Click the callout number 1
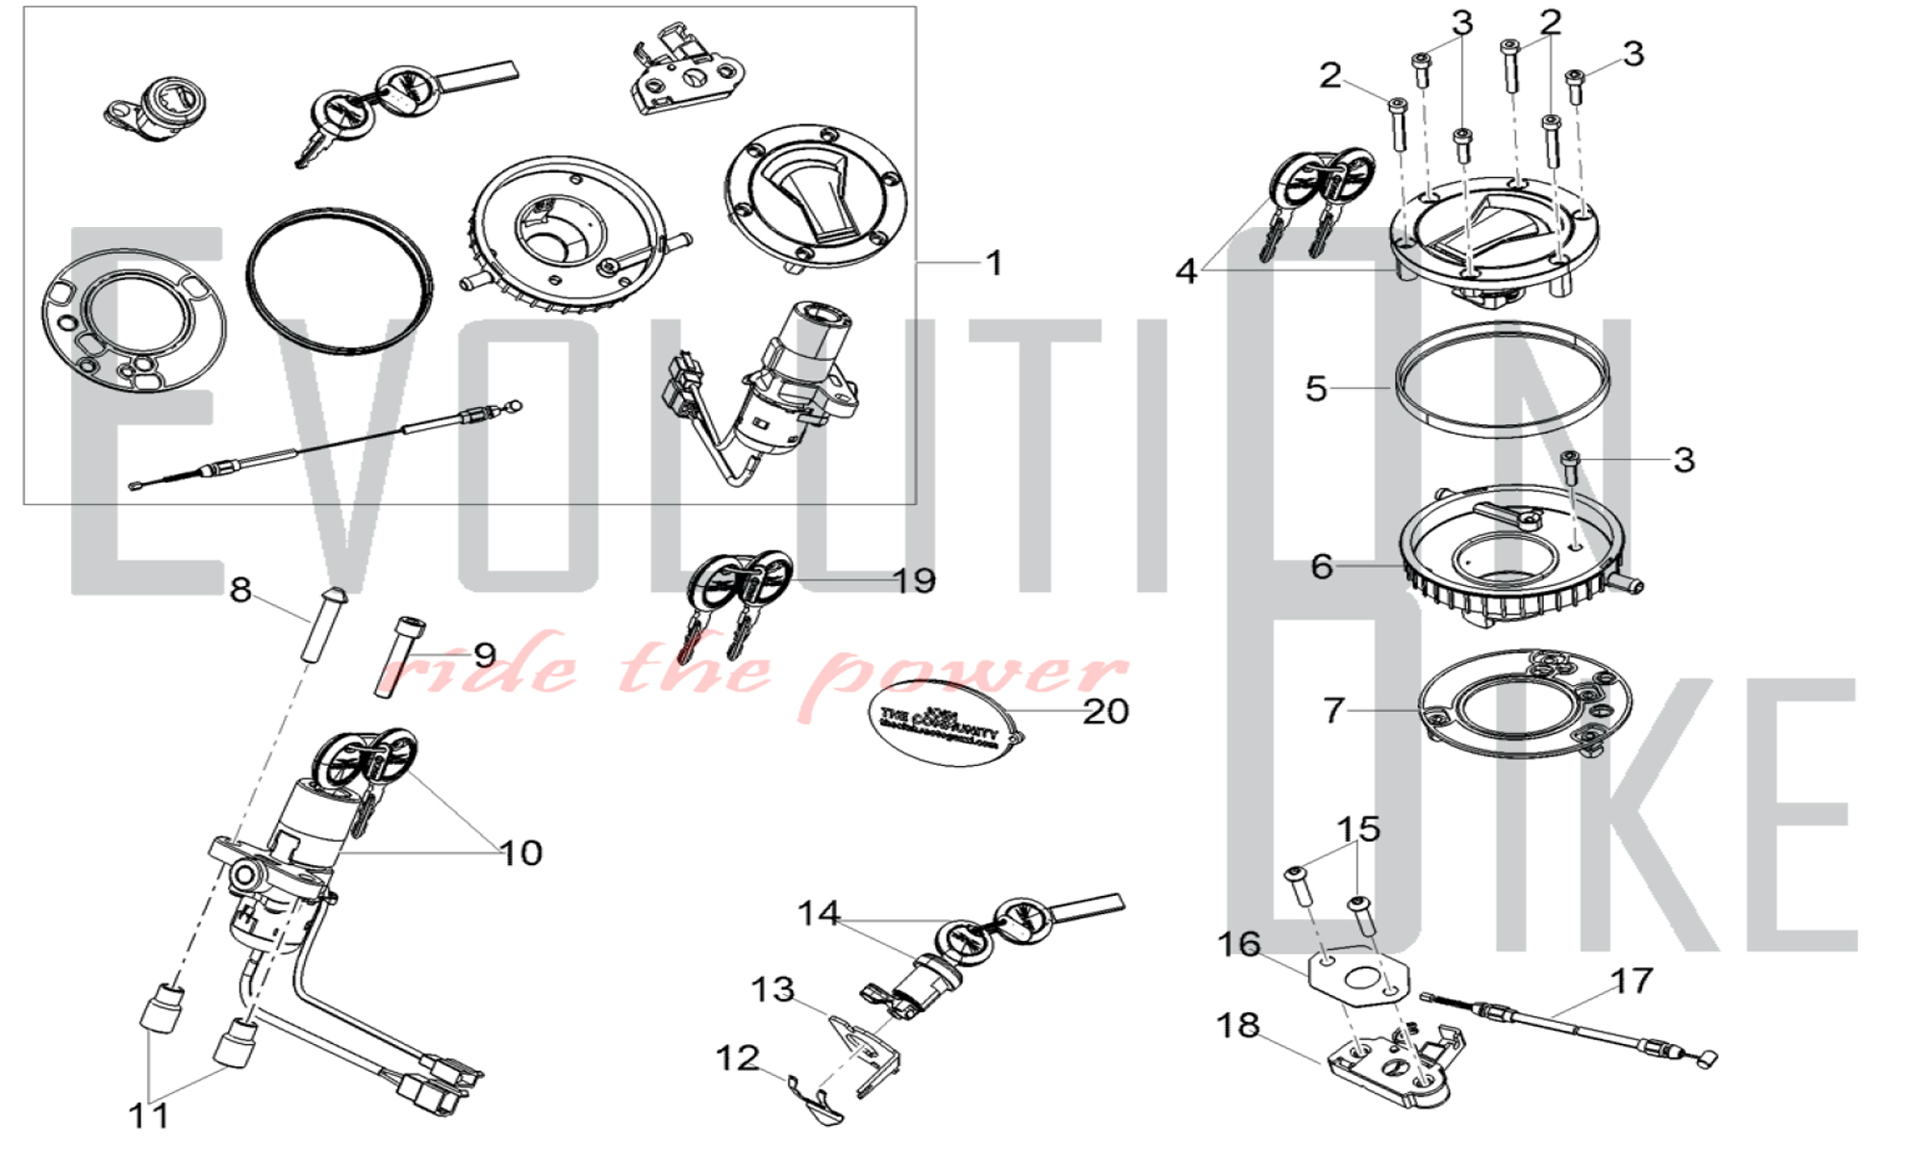[995, 263]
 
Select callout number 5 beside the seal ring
[1316, 389]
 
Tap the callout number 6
[1322, 566]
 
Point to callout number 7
[1332, 710]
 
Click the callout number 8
[240, 590]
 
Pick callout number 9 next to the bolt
[484, 655]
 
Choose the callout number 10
[520, 853]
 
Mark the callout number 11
[149, 1115]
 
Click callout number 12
[738, 1059]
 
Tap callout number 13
[772, 989]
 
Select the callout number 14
[819, 912]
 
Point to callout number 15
[1358, 829]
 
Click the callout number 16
[1239, 944]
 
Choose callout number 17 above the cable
[1632, 981]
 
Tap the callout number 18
[1238, 1025]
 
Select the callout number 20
[1105, 711]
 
